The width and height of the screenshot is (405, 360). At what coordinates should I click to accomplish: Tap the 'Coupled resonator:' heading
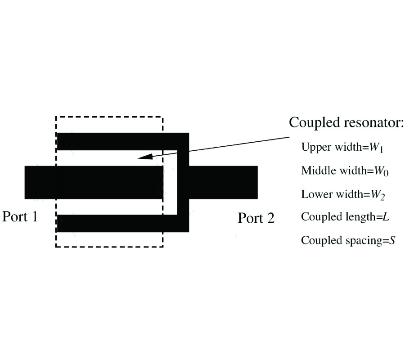pyautogui.click(x=346, y=122)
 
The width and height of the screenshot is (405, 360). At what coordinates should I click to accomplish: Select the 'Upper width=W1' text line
pyautogui.click(x=342, y=148)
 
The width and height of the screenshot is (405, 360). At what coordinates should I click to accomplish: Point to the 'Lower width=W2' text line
pyautogui.click(x=342, y=194)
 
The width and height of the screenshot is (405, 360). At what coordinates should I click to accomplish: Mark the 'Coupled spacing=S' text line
pyautogui.click(x=348, y=240)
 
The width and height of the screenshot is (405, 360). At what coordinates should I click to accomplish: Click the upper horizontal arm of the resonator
pyautogui.click(x=117, y=141)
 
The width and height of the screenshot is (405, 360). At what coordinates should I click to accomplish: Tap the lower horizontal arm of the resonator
pyautogui.click(x=117, y=223)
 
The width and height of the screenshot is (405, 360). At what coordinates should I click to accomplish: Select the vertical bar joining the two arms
pyautogui.click(x=184, y=182)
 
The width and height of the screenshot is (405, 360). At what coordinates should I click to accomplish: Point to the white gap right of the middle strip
pyautogui.click(x=169, y=182)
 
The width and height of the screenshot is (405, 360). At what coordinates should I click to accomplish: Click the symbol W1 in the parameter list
pyautogui.click(x=376, y=148)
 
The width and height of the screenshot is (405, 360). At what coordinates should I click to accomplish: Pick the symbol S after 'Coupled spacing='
pyautogui.click(x=392, y=240)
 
